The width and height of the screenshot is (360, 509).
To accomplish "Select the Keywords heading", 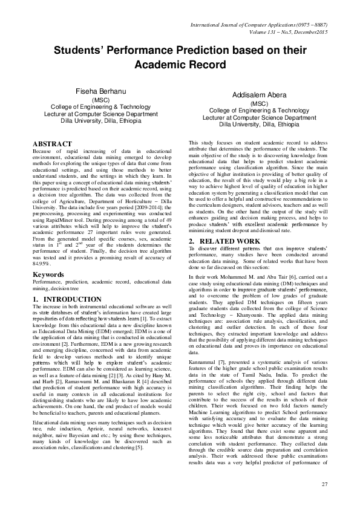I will pyautogui.click(x=48, y=275).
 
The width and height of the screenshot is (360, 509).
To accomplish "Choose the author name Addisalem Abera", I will pyautogui.click(x=258, y=96).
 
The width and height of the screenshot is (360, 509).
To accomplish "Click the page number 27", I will pyautogui.click(x=324, y=484).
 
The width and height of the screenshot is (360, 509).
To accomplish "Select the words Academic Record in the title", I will pyautogui.click(x=180, y=65).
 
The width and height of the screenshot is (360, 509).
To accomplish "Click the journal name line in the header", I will pyautogui.click(x=259, y=25).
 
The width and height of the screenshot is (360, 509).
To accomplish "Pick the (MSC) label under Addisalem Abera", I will pyautogui.click(x=258, y=104).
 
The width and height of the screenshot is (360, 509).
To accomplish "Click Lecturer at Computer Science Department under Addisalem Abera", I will pyautogui.click(x=258, y=118).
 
